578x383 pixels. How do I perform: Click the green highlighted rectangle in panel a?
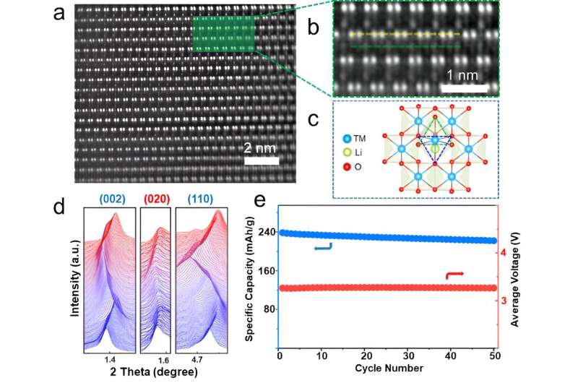(x=225, y=37)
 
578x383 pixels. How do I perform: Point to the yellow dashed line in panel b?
(x=405, y=34)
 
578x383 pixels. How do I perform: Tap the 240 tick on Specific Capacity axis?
(x=264, y=233)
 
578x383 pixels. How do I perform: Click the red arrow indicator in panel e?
(x=456, y=275)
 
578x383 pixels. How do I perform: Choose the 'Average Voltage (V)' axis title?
(x=516, y=275)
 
